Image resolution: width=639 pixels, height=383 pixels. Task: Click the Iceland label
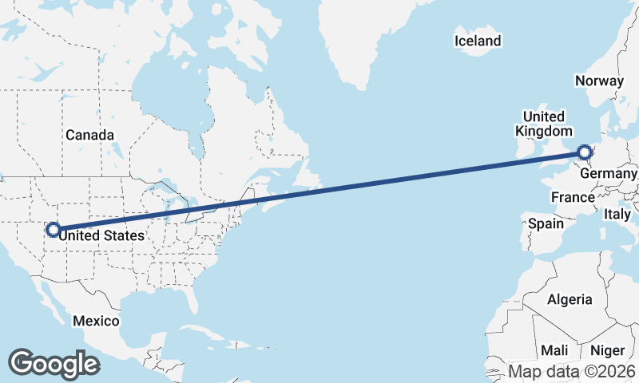click(478, 41)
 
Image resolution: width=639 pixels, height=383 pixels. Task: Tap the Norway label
click(598, 81)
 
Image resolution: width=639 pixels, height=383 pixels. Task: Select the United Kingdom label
click(543, 124)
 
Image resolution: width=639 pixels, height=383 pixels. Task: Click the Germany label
click(609, 174)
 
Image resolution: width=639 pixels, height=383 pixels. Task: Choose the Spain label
click(546, 224)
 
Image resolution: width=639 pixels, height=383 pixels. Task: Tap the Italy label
click(617, 214)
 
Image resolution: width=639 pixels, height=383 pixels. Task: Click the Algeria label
click(570, 299)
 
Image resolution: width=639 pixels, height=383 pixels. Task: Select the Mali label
click(554, 350)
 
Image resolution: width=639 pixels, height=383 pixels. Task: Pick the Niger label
click(607, 350)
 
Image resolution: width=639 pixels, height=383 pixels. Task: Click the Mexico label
click(96, 321)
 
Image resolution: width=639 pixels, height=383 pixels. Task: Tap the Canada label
click(89, 135)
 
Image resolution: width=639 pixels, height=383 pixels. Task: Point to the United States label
click(102, 235)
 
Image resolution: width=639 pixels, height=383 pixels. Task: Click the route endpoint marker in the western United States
click(53, 230)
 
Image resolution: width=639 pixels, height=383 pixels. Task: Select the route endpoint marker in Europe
click(585, 152)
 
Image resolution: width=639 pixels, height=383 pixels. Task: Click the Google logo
click(54, 363)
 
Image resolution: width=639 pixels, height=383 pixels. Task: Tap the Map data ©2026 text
click(572, 372)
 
